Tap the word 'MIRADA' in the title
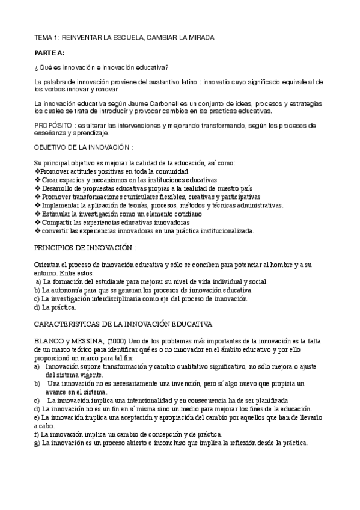click(195, 37)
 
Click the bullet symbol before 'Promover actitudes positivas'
click(37, 171)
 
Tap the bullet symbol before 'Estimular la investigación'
click(37, 214)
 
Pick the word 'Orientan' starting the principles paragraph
click(48, 265)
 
